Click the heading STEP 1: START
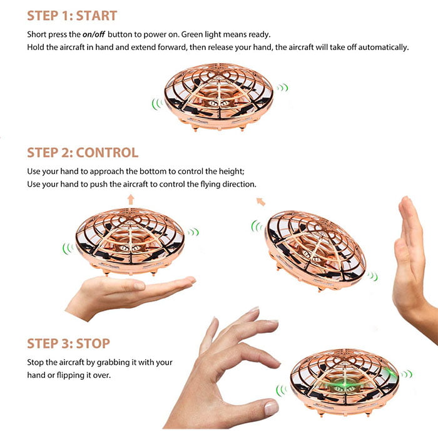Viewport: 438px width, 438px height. (x=72, y=16)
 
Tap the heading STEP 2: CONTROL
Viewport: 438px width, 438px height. (x=83, y=153)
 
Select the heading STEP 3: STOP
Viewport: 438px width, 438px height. (x=68, y=344)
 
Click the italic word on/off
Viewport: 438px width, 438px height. (x=93, y=34)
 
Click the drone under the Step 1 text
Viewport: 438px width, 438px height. (x=219, y=97)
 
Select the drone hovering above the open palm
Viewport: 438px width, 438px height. (x=130, y=242)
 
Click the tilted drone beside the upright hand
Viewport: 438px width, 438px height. (x=315, y=250)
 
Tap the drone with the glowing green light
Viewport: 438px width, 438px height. (x=344, y=382)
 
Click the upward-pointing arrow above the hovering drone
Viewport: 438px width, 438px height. (x=131, y=200)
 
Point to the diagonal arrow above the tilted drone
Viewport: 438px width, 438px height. (x=261, y=201)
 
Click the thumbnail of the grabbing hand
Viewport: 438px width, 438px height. (x=271, y=407)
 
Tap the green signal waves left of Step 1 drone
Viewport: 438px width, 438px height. (x=157, y=104)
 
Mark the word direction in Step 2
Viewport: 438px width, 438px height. (x=239, y=185)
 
